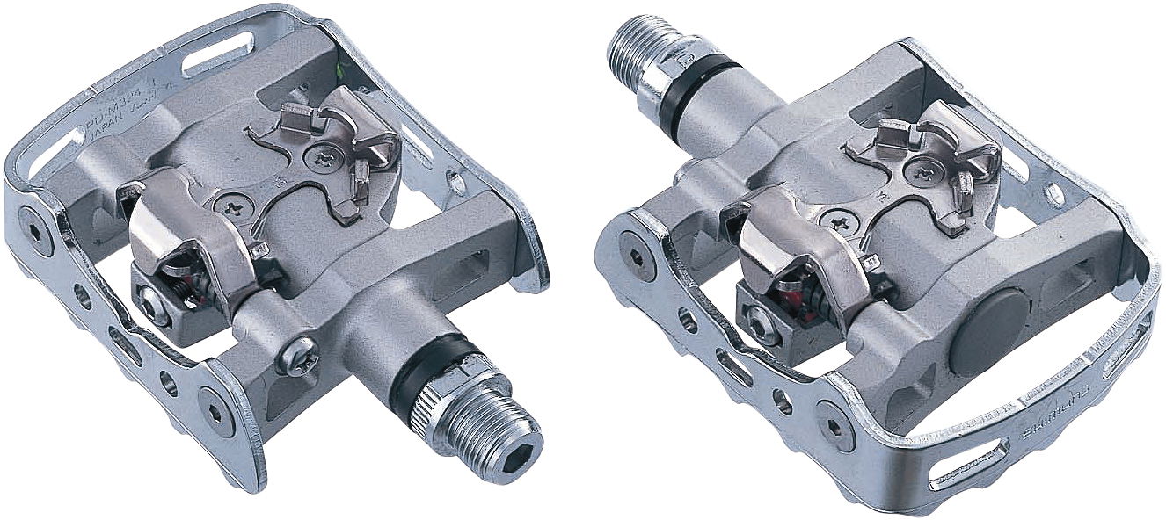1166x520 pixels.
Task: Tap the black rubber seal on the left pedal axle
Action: click(x=419, y=372)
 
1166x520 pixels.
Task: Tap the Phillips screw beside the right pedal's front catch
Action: click(x=920, y=171)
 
